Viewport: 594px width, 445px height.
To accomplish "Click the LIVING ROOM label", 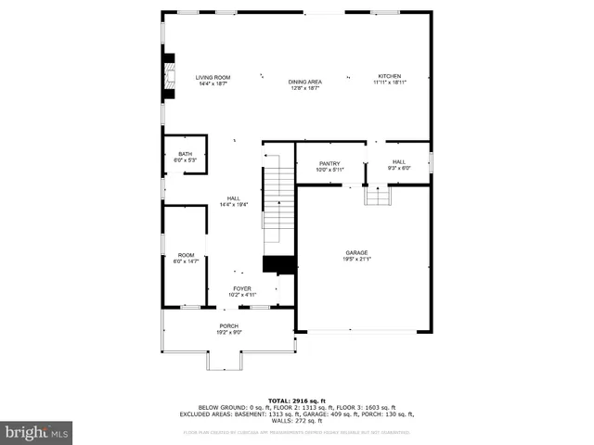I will tap(213, 77).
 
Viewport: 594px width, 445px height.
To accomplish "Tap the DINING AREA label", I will tap(305, 83).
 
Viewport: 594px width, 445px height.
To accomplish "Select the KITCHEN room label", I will tap(389, 76).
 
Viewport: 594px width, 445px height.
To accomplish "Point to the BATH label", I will tap(186, 154).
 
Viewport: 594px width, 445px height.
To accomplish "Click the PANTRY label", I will tap(329, 163).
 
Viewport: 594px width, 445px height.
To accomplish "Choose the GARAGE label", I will tap(357, 253).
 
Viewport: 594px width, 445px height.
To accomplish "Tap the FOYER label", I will tap(242, 288).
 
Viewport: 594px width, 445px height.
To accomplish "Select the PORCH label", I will tap(229, 325).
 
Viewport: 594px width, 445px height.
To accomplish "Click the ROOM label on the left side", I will tap(187, 255).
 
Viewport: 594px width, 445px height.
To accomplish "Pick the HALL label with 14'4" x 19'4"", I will tap(234, 198).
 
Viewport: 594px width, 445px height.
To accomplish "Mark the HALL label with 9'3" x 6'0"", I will tap(399, 161).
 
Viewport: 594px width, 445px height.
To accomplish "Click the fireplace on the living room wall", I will tap(168, 75).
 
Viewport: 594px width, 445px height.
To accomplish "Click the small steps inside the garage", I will tap(377, 196).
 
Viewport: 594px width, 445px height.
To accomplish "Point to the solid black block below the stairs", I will tap(279, 265).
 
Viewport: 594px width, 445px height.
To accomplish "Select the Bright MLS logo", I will tap(37, 432).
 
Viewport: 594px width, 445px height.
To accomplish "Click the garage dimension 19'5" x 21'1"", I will tap(357, 259).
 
